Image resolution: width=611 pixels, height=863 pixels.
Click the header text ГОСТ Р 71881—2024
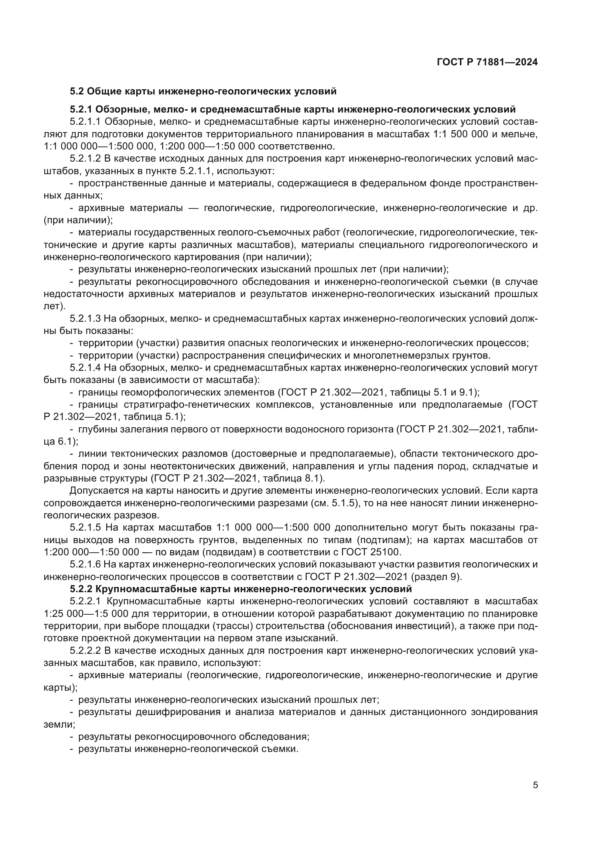[487, 62]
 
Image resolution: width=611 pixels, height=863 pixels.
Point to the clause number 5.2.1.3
[85, 319]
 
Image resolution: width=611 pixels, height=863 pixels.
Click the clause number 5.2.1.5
[85, 528]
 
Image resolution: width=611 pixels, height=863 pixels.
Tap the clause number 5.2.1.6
[85, 564]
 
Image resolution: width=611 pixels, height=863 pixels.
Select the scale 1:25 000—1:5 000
[89, 614]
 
